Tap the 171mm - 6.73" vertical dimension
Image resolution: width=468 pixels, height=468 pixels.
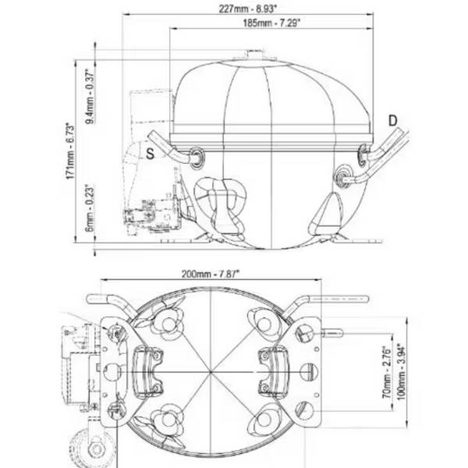coord(71,151)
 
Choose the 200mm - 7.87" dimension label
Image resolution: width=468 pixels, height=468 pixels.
coord(209,274)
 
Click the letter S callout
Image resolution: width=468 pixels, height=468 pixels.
coord(150,152)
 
